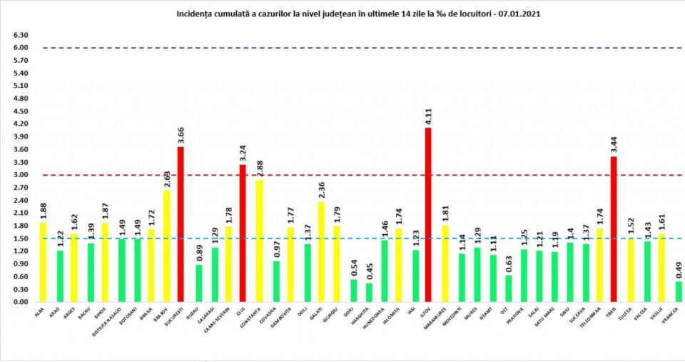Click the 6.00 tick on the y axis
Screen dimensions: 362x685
[20, 48]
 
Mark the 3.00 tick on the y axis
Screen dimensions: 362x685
[20, 175]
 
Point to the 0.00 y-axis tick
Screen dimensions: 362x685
[20, 302]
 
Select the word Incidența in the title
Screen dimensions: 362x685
[193, 14]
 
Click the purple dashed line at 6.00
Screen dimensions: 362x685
[357, 48]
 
